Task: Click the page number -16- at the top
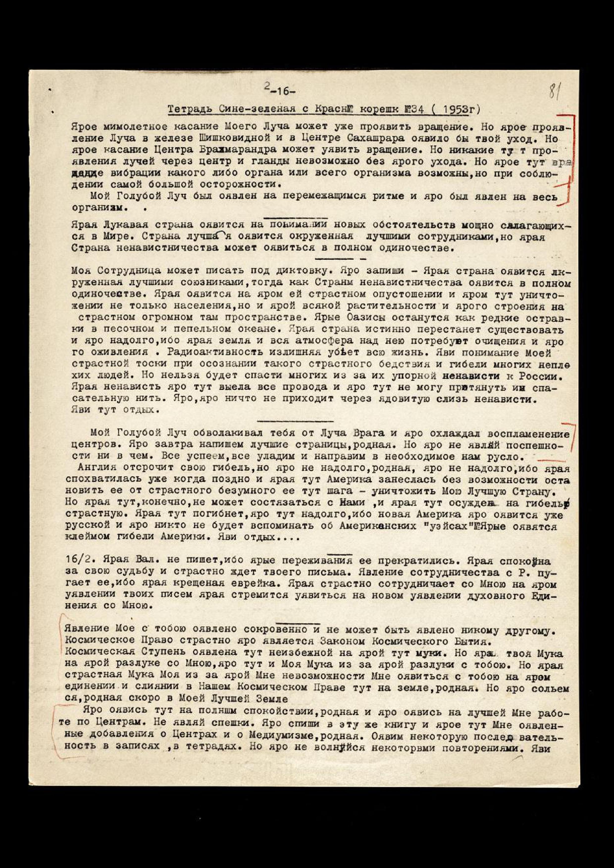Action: pos(280,91)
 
